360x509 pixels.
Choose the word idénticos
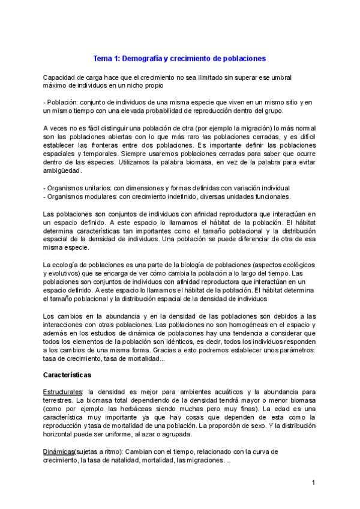[x=177, y=341]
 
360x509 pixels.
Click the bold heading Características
[x=67, y=375]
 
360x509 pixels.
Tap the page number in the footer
[x=314, y=483]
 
